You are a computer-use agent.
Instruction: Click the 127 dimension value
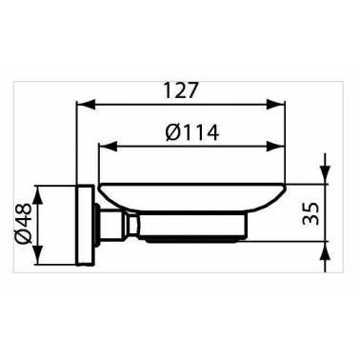(181, 90)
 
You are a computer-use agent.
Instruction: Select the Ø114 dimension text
(192, 132)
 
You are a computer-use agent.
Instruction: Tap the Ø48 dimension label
(23, 224)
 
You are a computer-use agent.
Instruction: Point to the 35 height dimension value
(310, 213)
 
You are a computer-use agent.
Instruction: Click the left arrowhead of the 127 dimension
(86, 105)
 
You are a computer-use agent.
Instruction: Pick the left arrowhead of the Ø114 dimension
(109, 147)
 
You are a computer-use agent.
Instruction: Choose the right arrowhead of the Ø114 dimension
(275, 147)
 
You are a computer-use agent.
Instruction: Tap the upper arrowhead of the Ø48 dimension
(38, 194)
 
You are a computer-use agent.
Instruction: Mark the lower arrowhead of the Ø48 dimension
(38, 254)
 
